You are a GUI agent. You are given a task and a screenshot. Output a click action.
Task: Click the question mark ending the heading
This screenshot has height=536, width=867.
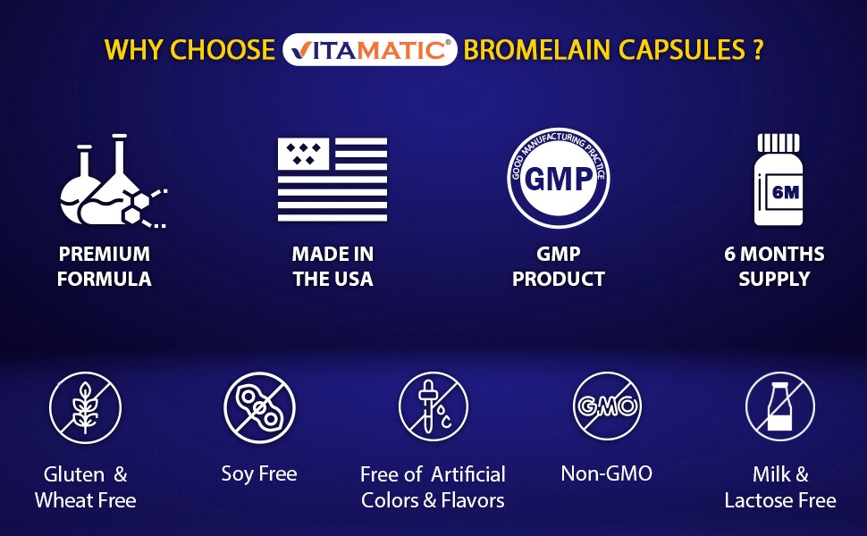click(756, 49)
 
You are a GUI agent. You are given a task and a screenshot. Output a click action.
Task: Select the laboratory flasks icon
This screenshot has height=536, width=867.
click(110, 181)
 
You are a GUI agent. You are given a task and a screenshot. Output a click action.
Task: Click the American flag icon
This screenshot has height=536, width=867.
click(332, 180)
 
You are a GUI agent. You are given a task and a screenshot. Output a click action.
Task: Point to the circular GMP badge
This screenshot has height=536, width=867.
click(558, 178)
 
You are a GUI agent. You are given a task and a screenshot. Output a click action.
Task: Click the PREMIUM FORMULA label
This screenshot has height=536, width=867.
click(104, 266)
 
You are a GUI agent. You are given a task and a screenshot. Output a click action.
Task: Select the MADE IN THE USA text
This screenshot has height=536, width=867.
click(332, 266)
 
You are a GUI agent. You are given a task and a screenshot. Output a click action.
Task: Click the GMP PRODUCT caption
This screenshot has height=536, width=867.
click(559, 266)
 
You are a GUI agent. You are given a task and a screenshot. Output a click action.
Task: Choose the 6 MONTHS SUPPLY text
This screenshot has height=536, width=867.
click(774, 266)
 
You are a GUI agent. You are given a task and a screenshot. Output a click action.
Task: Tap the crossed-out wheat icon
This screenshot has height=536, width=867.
click(85, 408)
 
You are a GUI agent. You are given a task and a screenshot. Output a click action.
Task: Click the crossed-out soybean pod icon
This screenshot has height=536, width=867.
click(259, 408)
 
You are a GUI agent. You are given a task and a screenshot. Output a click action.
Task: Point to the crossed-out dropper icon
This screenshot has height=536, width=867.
click(433, 407)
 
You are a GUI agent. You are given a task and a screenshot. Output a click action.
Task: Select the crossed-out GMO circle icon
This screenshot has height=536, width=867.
click(608, 407)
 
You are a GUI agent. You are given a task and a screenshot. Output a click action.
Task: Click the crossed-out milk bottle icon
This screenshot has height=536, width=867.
click(780, 407)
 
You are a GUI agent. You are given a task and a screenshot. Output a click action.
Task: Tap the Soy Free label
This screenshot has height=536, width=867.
click(259, 473)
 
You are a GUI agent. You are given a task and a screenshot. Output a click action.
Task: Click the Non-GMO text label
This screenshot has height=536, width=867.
click(607, 473)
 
